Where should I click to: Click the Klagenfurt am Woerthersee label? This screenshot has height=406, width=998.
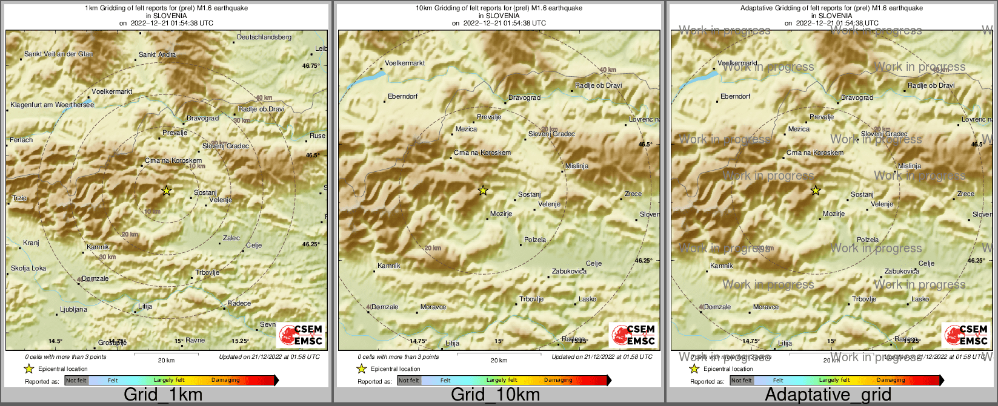(x=52, y=105)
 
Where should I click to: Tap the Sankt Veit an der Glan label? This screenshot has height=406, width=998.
(x=58, y=54)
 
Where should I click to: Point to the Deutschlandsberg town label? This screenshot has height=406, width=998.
(x=264, y=38)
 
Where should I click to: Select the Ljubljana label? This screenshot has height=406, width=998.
(x=73, y=310)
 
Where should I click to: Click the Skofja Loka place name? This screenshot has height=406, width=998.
(x=28, y=269)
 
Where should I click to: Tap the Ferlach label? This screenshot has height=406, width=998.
(x=21, y=140)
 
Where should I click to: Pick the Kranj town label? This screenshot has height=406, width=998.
(x=31, y=243)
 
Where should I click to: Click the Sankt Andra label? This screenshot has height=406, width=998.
(x=158, y=55)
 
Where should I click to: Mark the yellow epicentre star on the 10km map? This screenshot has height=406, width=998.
(x=483, y=191)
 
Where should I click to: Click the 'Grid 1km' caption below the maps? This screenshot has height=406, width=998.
(x=163, y=395)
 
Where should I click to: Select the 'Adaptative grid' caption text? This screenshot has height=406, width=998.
(x=828, y=395)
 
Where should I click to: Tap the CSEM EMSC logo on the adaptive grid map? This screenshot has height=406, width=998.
(x=966, y=335)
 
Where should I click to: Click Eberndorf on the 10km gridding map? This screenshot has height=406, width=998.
(x=402, y=97)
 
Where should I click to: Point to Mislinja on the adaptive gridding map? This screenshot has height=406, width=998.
(x=910, y=166)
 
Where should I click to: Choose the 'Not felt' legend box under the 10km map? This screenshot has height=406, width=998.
(x=409, y=381)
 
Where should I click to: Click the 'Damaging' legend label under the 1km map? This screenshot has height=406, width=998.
(x=225, y=381)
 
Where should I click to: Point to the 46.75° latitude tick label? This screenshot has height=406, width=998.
(x=311, y=66)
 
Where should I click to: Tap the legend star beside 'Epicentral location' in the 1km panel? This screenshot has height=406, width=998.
(x=28, y=368)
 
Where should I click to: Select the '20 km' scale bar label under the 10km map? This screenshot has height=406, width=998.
(x=499, y=361)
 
